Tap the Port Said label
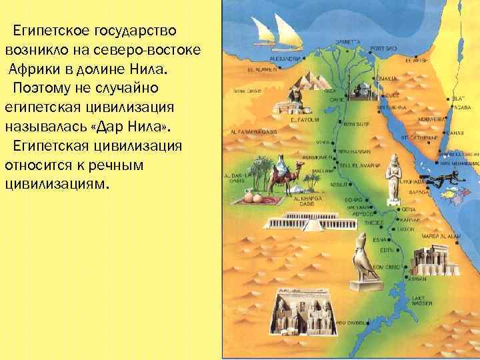(x=385, y=49)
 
